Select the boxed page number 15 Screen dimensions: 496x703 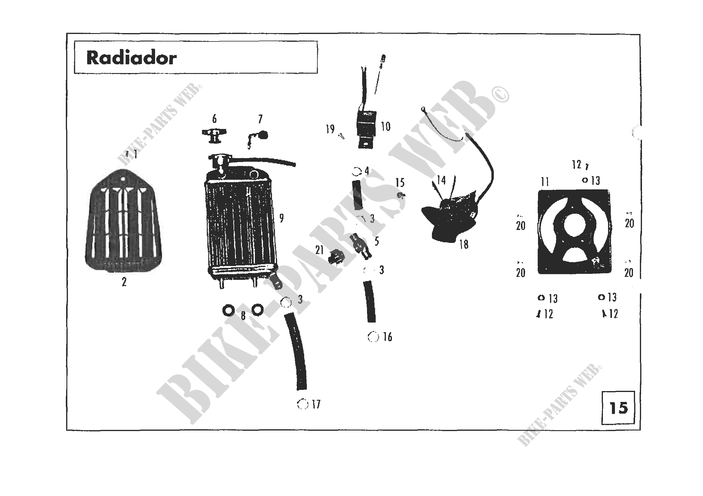coord(619,408)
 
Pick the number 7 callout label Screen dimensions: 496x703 coord(260,119)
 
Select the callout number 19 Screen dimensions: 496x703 coord(330,129)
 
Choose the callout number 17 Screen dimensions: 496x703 coord(316,404)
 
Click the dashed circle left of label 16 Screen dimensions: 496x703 coord(373,337)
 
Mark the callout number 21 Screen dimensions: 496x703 coord(319,250)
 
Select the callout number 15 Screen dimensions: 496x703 coord(400,183)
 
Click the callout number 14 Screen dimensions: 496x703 coord(441,180)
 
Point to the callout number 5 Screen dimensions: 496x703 coord(377,241)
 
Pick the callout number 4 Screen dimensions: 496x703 coord(366,171)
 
